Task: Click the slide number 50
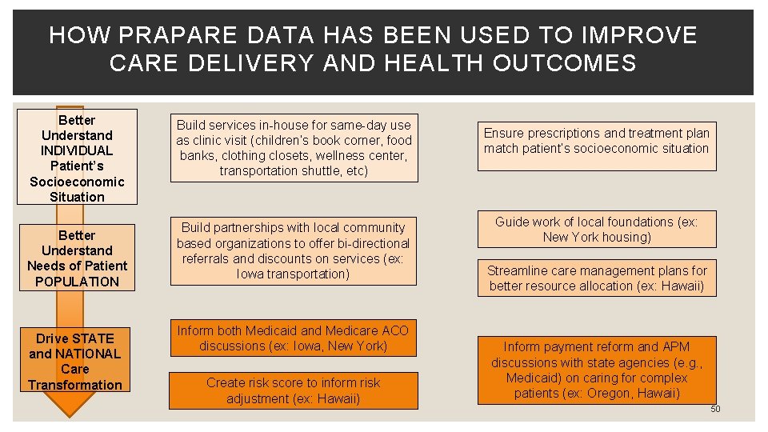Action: [715, 409]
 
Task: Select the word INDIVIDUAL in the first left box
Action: [77, 150]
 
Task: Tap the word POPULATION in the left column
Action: [77, 281]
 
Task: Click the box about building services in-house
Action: [294, 148]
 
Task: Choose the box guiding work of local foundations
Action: [597, 230]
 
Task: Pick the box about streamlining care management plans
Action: [597, 278]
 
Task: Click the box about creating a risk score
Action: [294, 390]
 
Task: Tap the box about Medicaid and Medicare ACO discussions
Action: [294, 338]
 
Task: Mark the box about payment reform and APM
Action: [597, 370]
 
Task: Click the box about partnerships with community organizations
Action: [294, 251]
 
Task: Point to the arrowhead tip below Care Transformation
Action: [74, 414]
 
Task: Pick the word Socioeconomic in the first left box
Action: [77, 182]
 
